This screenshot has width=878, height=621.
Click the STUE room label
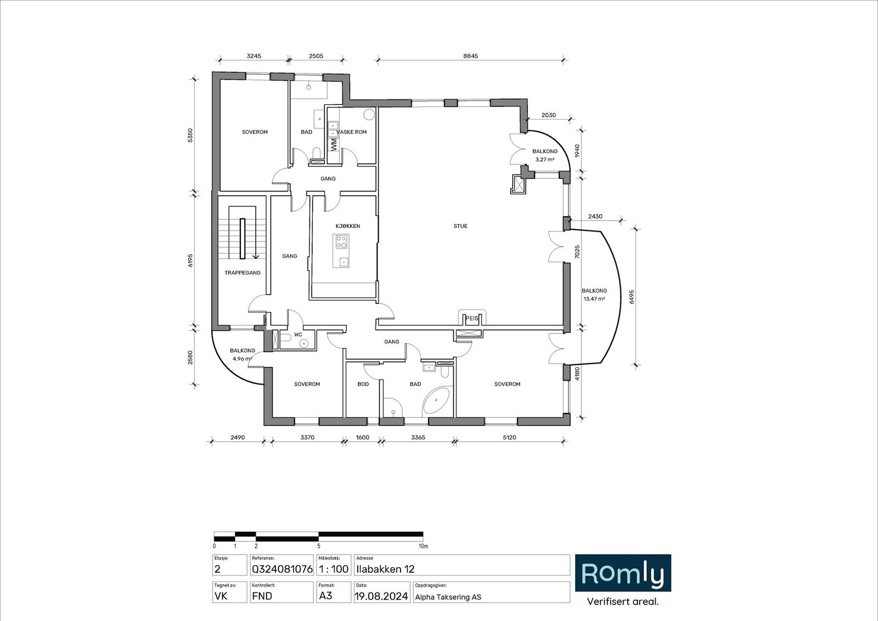point(460,226)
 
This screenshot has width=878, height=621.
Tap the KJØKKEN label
point(348,226)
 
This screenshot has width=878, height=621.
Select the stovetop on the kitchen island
point(341,241)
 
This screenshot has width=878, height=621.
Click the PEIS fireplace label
point(471,318)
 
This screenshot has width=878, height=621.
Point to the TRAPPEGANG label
point(242,273)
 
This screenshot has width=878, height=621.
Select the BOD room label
point(363,384)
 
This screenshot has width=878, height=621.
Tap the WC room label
point(298,334)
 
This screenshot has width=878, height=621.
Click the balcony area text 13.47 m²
point(594,299)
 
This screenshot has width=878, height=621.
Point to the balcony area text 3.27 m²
point(545,160)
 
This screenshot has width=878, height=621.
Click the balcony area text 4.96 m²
point(242,359)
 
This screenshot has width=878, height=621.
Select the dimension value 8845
point(470,55)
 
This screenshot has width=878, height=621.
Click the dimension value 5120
point(510,437)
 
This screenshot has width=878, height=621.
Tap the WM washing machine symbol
point(333,144)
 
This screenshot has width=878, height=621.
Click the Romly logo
point(622,573)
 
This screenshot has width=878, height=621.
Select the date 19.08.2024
point(381,596)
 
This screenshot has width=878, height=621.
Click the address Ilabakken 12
point(385,569)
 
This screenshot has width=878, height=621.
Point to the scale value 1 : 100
point(333,569)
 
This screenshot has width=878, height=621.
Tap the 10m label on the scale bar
point(423,546)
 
